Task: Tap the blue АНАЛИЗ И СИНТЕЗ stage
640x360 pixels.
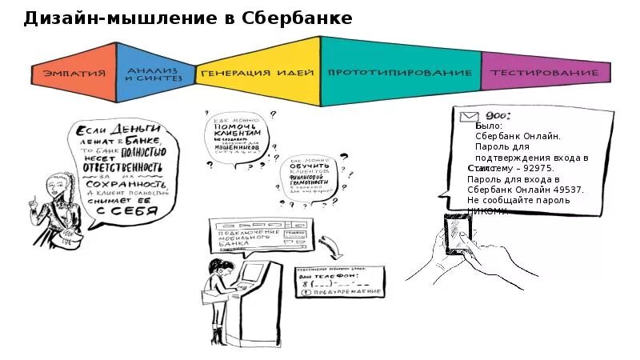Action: [x=155, y=74]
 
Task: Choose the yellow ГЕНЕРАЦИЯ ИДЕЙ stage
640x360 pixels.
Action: [x=257, y=73]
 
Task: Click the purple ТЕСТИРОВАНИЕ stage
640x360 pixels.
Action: [x=544, y=73]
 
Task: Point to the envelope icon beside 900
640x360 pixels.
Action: [x=469, y=117]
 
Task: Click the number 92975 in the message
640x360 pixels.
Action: [x=538, y=169]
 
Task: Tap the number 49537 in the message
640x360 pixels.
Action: [x=567, y=190]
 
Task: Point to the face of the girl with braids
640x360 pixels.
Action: [x=49, y=190]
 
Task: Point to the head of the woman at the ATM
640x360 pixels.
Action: [x=215, y=266]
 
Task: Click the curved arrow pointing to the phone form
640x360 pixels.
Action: [x=329, y=243]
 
